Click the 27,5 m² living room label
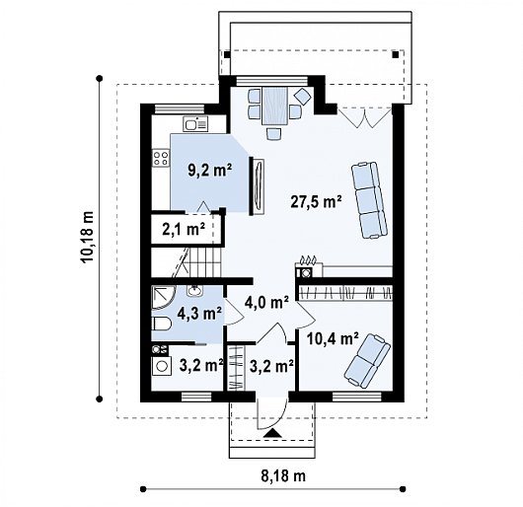(x=316, y=202)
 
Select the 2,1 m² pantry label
(x=184, y=229)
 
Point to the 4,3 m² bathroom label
(x=199, y=314)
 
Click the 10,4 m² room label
(x=333, y=339)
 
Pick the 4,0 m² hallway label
(x=266, y=304)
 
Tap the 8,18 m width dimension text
(x=283, y=476)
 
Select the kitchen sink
(x=195, y=124)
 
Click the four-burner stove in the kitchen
(x=161, y=158)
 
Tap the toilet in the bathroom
(x=162, y=324)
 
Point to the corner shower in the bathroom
(x=162, y=297)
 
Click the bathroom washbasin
(x=194, y=291)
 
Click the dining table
(x=275, y=107)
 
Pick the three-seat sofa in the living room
(x=370, y=200)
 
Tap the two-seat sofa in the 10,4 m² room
(x=367, y=361)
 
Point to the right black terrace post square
(x=396, y=54)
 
